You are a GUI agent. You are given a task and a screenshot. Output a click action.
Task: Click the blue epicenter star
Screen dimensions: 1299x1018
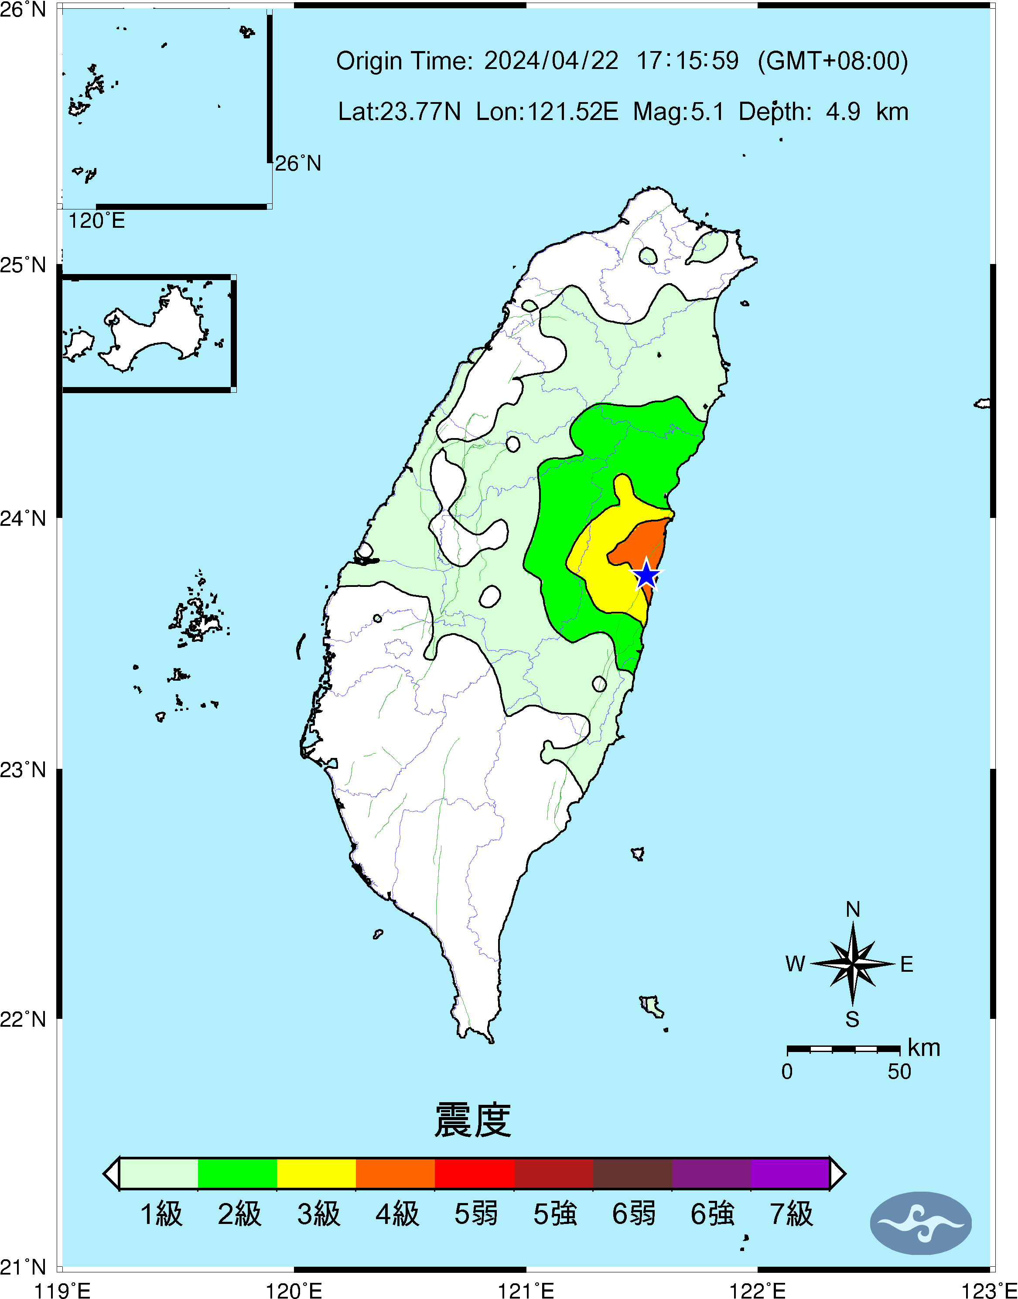tap(646, 575)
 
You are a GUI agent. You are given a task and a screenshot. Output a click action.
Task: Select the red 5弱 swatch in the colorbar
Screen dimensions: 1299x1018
tap(475, 1173)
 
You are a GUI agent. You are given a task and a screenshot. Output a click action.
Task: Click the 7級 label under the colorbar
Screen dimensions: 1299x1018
tap(791, 1214)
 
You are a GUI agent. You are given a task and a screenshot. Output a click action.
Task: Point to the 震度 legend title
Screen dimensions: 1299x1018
tap(473, 1120)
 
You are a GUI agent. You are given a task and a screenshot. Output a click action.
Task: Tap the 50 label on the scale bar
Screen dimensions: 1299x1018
tap(899, 1072)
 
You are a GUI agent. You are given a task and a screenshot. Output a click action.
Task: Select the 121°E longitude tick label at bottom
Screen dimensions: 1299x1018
tap(526, 1291)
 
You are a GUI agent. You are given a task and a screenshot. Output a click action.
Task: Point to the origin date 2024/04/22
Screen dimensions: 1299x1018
tap(551, 61)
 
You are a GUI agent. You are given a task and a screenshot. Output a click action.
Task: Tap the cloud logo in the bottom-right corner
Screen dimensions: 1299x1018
tap(921, 1223)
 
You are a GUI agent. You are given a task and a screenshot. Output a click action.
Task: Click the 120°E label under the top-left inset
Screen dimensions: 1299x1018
tap(96, 221)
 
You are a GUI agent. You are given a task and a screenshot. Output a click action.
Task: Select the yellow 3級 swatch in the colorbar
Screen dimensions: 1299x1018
tap(317, 1173)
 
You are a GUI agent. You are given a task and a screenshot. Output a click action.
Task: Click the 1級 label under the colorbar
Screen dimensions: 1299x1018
tap(161, 1214)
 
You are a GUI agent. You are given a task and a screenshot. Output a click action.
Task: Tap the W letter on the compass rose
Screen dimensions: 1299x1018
tap(795, 964)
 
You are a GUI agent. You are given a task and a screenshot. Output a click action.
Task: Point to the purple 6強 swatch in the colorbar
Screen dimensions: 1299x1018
tap(711, 1173)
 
